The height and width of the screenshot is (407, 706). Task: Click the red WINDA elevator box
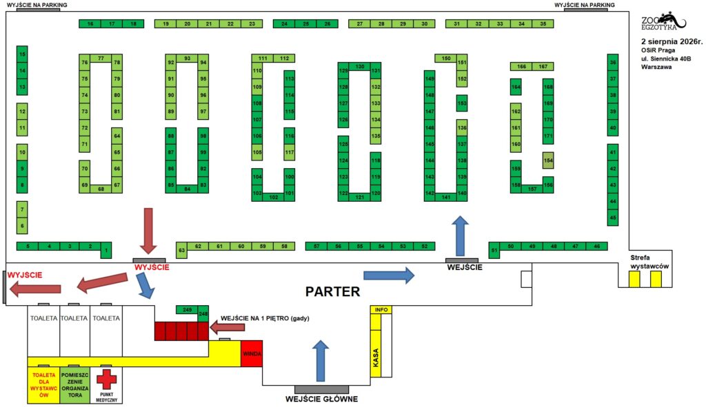pos(251,353)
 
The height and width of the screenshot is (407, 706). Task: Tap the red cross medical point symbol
pos(106,379)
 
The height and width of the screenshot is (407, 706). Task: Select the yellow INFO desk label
pos(381,310)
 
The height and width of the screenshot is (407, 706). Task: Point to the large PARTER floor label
pos(333,291)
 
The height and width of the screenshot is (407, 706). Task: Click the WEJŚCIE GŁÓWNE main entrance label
pos(321,399)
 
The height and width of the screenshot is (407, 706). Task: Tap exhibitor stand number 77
pos(101,59)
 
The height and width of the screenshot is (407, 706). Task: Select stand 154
pos(548,160)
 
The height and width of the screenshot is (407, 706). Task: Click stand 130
pos(360,67)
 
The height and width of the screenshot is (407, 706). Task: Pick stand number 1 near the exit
pos(106,251)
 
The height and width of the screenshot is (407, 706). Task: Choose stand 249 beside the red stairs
pos(188,310)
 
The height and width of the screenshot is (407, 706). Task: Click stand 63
pos(181,251)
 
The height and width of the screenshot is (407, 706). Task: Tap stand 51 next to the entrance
pos(494,251)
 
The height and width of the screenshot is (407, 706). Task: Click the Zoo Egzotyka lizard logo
pos(664,21)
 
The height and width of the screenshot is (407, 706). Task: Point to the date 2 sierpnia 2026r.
pos(672,41)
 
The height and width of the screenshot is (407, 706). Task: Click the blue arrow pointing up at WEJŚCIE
pos(460,236)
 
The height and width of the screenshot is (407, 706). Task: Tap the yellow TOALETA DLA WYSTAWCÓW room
pos(43,385)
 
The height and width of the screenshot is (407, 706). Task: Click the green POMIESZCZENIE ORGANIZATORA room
pos(74,385)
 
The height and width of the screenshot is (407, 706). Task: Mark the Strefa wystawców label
pos(649,262)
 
